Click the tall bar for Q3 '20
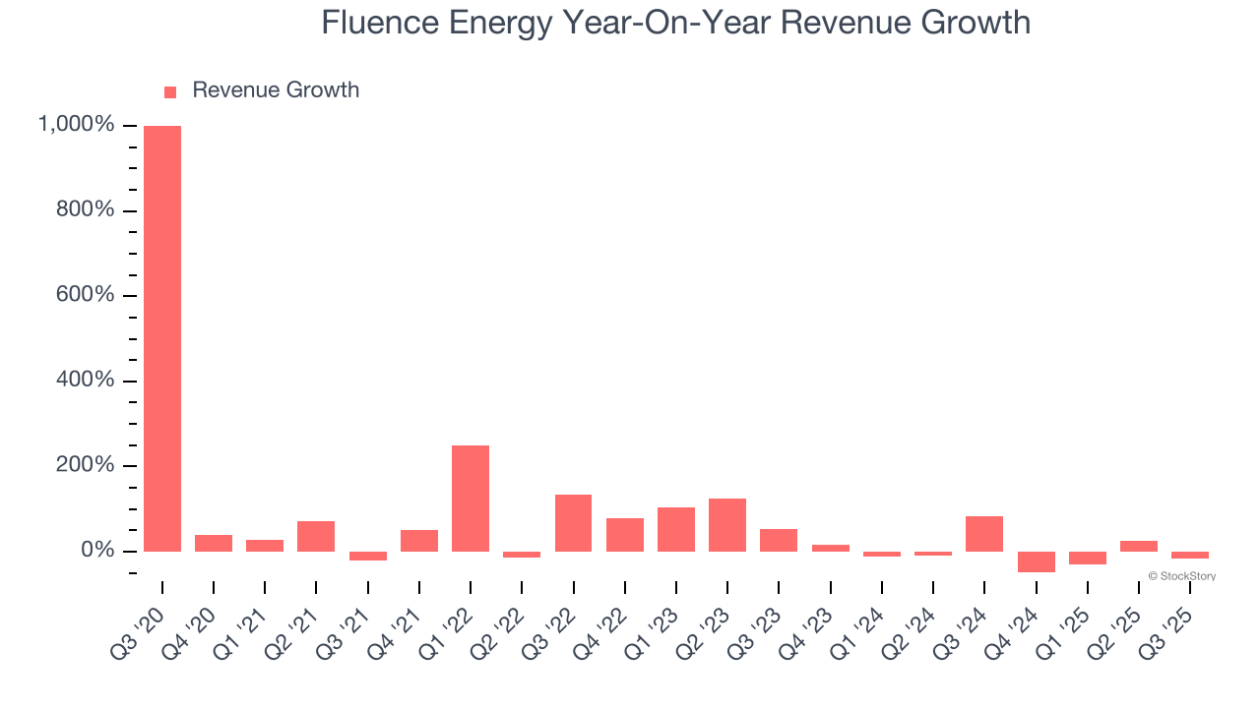162,338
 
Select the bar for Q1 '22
471,499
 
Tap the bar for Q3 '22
573,523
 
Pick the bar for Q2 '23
727,525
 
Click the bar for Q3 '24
984,534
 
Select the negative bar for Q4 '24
1036,561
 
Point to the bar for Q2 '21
316,536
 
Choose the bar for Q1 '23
676,529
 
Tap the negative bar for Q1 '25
1087,558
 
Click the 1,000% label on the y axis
76,125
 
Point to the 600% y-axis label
84,295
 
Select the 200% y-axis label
84,465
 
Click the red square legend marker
170,92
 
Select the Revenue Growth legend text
276,90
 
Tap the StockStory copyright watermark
1181,576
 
